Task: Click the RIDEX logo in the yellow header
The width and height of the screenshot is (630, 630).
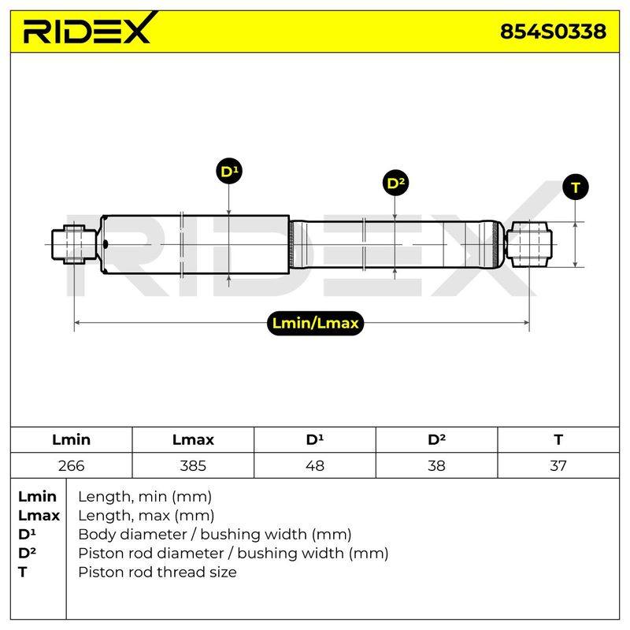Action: (90, 28)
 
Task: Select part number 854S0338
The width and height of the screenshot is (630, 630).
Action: (553, 31)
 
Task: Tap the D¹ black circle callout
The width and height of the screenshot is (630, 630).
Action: (228, 171)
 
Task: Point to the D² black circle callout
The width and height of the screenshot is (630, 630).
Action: (395, 183)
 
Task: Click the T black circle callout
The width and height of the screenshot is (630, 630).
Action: (576, 187)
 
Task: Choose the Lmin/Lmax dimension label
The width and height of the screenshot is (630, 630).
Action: (316, 323)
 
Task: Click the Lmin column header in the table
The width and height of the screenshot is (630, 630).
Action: (71, 439)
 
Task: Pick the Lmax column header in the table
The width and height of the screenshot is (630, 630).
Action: (193, 439)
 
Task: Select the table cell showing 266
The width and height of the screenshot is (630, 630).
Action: (71, 465)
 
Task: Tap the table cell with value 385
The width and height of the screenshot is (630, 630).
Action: (193, 465)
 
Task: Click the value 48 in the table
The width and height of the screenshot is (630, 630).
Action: (314, 465)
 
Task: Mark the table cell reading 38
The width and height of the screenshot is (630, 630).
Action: (436, 465)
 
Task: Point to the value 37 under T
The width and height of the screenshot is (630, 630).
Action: (558, 465)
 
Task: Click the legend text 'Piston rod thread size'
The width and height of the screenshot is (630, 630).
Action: (157, 573)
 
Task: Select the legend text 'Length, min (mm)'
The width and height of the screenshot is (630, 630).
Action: (145, 497)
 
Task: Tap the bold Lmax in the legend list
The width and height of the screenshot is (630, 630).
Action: (39, 516)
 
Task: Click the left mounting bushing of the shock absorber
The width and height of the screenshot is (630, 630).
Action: (74, 244)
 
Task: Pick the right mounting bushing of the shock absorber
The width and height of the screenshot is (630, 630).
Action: (529, 244)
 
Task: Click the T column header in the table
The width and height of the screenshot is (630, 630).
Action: (558, 439)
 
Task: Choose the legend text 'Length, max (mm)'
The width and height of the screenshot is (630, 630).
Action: (146, 516)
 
